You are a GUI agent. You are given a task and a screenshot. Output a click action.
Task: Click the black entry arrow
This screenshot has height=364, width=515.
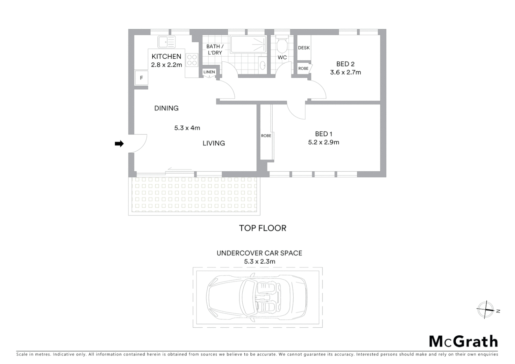119,144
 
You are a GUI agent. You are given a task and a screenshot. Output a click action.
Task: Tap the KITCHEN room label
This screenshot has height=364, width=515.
166,57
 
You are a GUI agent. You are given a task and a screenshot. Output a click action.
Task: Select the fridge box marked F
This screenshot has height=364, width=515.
142,78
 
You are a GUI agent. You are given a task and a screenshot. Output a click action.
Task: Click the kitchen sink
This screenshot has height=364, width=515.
166,42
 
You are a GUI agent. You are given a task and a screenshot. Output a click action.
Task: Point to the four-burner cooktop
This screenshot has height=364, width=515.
192,60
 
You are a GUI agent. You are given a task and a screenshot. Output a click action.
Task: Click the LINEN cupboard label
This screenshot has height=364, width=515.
209,72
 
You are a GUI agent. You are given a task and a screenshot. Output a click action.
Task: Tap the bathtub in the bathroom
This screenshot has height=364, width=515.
248,44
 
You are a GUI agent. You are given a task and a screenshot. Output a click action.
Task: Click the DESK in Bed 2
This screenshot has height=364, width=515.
304,48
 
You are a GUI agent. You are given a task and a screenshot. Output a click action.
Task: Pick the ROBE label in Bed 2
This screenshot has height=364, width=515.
303,68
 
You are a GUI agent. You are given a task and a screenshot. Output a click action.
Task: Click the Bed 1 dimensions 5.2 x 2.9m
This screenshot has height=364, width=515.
324,142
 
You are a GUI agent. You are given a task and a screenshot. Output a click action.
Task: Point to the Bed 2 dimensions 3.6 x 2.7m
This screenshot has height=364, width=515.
345,72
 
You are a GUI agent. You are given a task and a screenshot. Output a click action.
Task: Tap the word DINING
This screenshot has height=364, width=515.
166,108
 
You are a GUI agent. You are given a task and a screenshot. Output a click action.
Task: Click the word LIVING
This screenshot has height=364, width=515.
214,143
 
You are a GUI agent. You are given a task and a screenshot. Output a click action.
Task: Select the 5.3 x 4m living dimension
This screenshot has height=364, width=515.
187,128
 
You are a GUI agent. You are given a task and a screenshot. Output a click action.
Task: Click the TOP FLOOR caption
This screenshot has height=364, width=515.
263,228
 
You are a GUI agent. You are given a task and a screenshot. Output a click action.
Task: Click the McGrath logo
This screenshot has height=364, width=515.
463,341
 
